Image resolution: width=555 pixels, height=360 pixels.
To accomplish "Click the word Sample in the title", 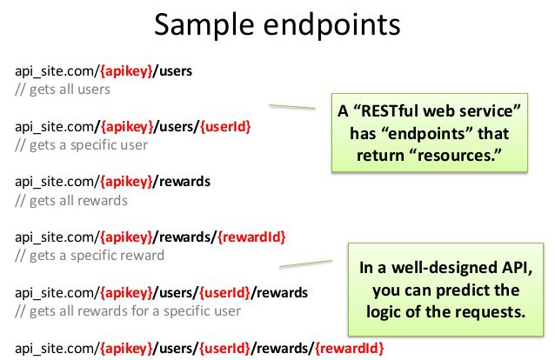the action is point(204,24).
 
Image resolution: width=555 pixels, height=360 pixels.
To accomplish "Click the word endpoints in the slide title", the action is point(332,25).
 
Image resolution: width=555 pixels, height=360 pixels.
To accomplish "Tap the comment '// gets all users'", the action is point(63,90).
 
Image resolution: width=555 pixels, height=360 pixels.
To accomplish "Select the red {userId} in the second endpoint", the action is point(225,126).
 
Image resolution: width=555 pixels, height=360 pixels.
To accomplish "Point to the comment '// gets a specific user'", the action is point(82,145).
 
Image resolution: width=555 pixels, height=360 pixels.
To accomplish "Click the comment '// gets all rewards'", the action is point(71,200).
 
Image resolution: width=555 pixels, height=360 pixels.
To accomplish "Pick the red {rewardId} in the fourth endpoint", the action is point(251,237).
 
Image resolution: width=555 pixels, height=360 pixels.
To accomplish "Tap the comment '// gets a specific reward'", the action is point(90,256).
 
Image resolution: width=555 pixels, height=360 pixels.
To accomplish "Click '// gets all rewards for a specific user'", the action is point(128,310).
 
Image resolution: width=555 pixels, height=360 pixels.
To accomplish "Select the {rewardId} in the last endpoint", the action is point(350,348).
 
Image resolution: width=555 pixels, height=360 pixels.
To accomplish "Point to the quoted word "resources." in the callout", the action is point(459,156).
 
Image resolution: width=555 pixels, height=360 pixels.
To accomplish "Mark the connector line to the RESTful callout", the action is point(292,107).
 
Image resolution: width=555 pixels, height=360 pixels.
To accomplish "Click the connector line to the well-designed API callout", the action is point(306,263).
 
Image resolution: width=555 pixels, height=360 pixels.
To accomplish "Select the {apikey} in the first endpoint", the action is point(126,70).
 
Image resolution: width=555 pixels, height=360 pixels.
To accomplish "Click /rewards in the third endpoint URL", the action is point(182,182).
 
